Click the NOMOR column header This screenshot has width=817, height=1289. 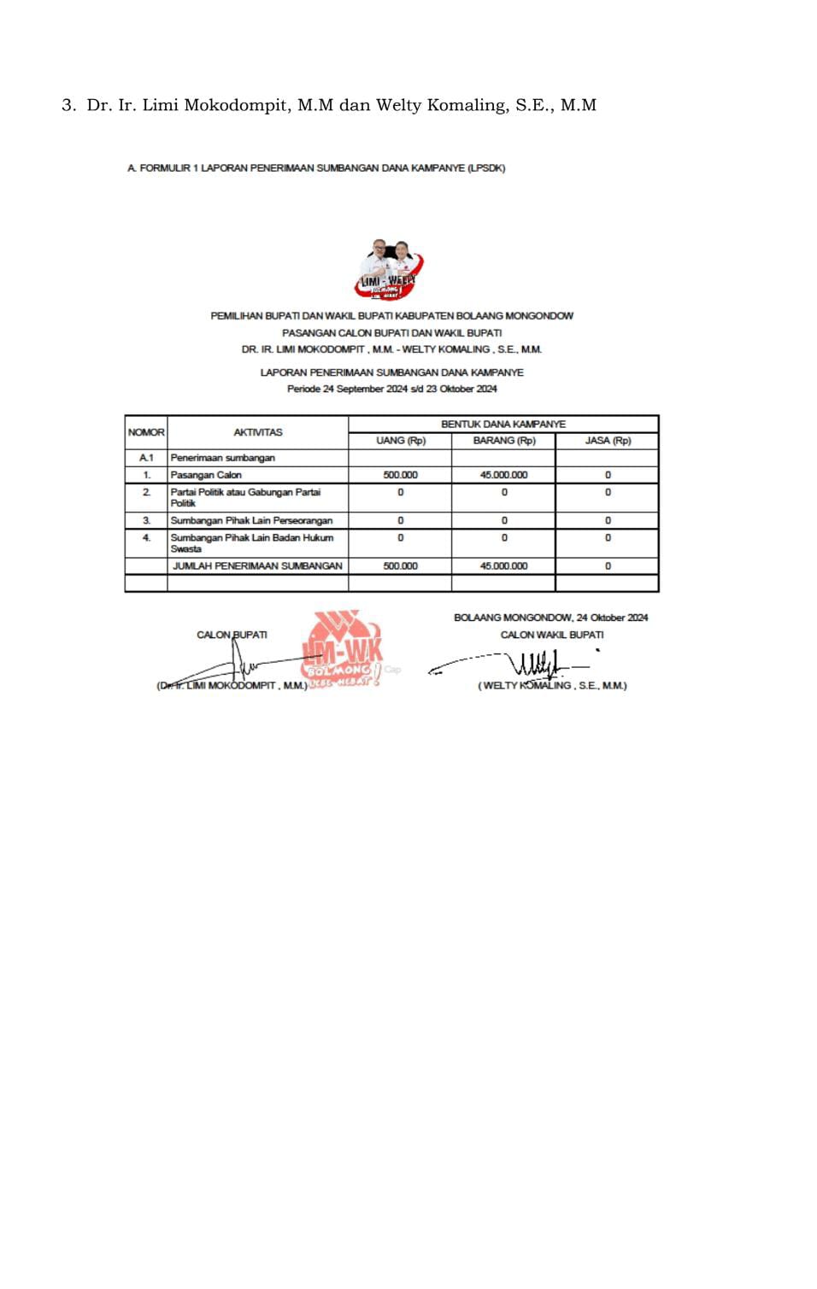click(x=146, y=432)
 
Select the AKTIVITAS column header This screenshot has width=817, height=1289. click(x=257, y=432)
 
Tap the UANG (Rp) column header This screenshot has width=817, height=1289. click(x=400, y=441)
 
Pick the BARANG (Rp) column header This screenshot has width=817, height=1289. click(x=503, y=441)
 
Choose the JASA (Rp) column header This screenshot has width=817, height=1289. click(x=608, y=441)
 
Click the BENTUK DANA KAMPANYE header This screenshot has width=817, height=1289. click(x=503, y=424)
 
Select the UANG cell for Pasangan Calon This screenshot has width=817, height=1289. click(x=400, y=475)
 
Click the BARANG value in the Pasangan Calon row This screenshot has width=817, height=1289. click(x=503, y=475)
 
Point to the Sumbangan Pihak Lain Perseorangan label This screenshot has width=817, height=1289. click(x=251, y=520)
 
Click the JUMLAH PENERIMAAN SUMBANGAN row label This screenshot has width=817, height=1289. click(x=257, y=565)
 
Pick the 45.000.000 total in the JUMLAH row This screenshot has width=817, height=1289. click(x=503, y=565)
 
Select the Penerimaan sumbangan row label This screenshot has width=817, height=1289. click(x=222, y=458)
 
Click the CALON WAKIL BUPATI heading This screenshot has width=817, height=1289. click(x=551, y=635)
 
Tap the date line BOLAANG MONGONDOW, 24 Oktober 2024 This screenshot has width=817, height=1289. click(x=550, y=618)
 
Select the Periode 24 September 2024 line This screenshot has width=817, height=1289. click(x=391, y=389)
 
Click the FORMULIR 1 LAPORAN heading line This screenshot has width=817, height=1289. click(x=316, y=168)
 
